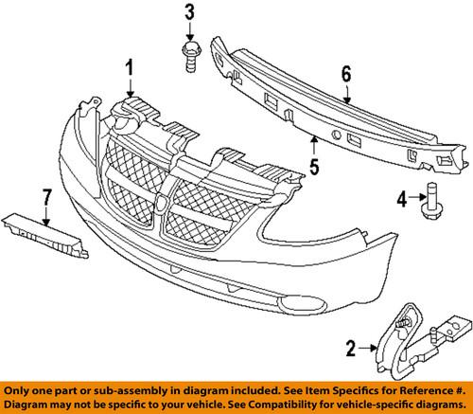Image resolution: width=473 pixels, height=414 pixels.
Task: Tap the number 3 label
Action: tap(189, 12)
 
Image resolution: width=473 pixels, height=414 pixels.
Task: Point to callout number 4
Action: tap(402, 199)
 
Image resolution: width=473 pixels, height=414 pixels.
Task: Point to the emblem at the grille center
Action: tap(166, 202)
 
